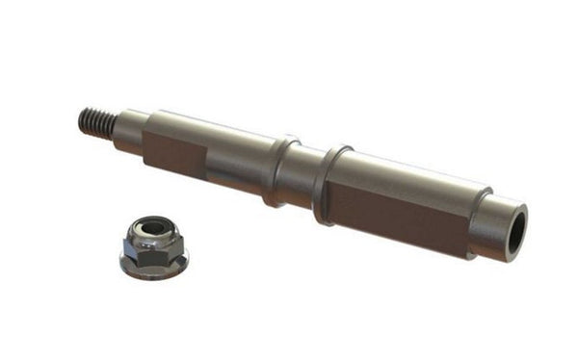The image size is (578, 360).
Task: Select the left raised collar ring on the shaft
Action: tap(278, 170)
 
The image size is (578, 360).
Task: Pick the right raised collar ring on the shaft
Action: tap(330, 184)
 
